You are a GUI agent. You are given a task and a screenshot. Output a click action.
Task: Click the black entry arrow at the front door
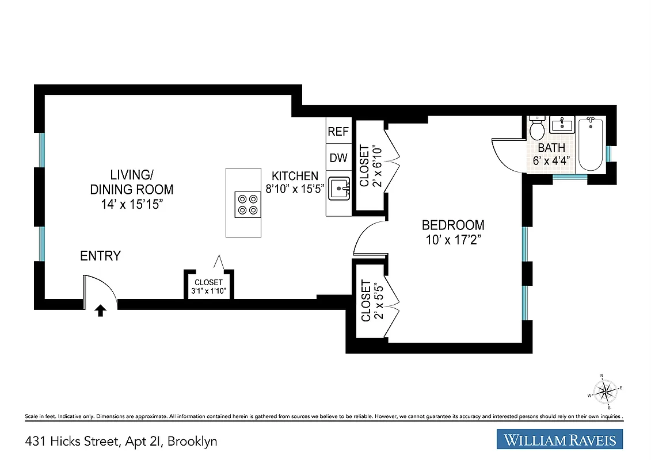pyautogui.click(x=100, y=311)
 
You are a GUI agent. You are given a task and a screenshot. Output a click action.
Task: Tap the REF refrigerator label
pyautogui.click(x=338, y=132)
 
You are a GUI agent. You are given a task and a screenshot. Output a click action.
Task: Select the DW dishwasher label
pyautogui.click(x=338, y=158)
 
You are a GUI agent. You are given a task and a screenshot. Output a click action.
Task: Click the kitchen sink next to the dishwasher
pyautogui.click(x=339, y=189)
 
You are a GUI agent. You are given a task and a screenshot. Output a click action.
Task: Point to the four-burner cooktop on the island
pyautogui.click(x=247, y=204)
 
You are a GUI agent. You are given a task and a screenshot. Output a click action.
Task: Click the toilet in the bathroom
pyautogui.click(x=537, y=128)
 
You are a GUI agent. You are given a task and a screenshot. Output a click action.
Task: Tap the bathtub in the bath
pyautogui.click(x=590, y=144)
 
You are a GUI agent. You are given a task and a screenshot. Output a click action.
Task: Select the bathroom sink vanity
pyautogui.click(x=561, y=124)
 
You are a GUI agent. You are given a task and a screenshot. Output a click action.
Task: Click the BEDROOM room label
pyautogui.click(x=453, y=225)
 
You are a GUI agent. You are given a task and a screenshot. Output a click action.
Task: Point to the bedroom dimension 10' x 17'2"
pyautogui.click(x=453, y=240)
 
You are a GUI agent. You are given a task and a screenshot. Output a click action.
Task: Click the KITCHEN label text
pyautogui.click(x=295, y=176)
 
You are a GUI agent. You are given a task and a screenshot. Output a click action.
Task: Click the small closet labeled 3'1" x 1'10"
pyautogui.click(x=208, y=286)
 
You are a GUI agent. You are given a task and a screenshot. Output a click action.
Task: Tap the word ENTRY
pyautogui.click(x=100, y=256)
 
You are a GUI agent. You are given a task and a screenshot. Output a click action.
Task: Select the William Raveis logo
pyautogui.click(x=559, y=440)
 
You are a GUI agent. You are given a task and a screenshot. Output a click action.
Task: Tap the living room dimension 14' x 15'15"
pyautogui.click(x=131, y=204)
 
